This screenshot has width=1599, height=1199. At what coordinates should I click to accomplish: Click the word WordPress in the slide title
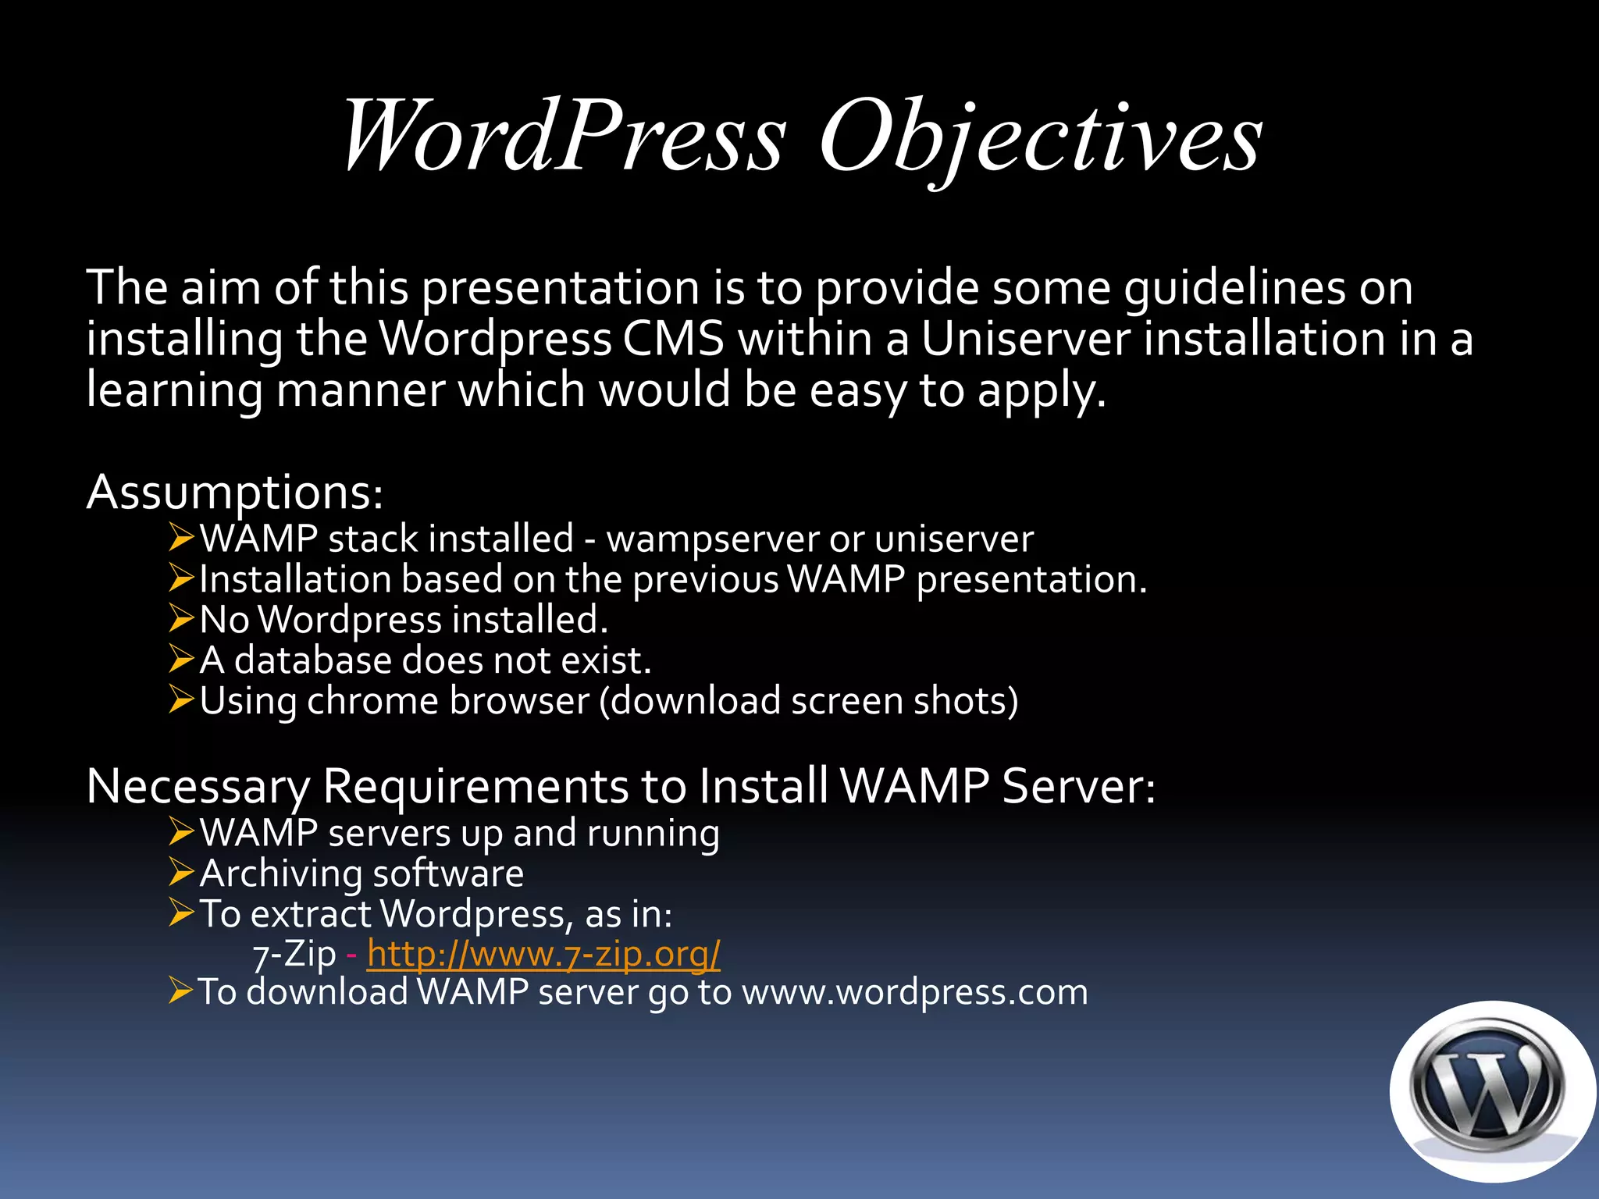[x=564, y=137]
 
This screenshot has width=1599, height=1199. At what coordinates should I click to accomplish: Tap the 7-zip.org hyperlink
[x=543, y=953]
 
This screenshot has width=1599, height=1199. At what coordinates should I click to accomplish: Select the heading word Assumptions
[x=235, y=493]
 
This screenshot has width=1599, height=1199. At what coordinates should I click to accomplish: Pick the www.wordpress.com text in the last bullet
[x=914, y=992]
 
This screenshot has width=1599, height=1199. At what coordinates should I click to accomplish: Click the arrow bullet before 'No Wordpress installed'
[x=181, y=618]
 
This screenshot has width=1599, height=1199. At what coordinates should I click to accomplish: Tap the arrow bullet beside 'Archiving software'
[x=181, y=872]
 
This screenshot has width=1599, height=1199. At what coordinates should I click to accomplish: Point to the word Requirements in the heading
[x=475, y=786]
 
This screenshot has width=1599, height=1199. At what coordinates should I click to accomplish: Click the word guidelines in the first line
[x=1235, y=288]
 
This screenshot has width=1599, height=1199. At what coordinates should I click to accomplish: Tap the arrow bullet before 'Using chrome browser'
[x=181, y=699]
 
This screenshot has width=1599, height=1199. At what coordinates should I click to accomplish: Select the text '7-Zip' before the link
[x=294, y=954]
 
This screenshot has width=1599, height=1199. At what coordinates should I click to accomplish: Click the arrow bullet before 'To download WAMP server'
[x=181, y=991]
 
